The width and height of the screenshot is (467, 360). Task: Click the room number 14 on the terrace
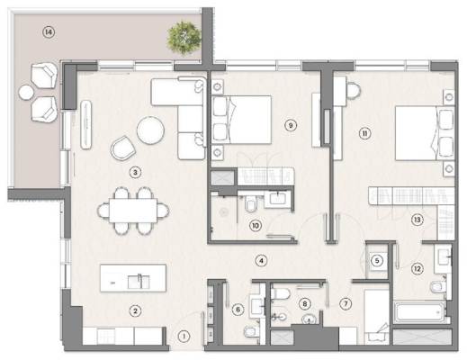coord(49,32)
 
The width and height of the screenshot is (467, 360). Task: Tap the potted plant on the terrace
coord(184,37)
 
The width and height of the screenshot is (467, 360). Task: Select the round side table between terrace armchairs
coord(26,93)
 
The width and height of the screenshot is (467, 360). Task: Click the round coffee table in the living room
coord(150,130)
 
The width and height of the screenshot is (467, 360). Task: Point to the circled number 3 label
coord(135,173)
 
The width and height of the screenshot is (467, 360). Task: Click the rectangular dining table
coord(133,211)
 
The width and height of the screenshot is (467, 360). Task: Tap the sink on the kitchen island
coord(139,282)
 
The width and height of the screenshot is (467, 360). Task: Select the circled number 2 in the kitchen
coord(135,311)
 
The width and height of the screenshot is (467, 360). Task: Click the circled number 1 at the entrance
coord(184,337)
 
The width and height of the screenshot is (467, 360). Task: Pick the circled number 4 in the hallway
coord(261,261)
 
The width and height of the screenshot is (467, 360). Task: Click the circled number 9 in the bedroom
coord(291,125)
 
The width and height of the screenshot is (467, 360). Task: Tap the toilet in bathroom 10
coord(250,204)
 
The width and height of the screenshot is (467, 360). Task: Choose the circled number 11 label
coord(364,133)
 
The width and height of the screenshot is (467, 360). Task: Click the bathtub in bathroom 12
coord(419,311)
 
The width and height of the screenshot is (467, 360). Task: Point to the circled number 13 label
coord(418,220)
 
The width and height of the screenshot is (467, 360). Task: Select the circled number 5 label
coord(377,261)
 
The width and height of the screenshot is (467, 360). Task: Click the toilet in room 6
coord(250,331)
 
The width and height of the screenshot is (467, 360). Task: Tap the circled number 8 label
coord(305,304)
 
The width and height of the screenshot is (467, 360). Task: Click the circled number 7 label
coord(346,304)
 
